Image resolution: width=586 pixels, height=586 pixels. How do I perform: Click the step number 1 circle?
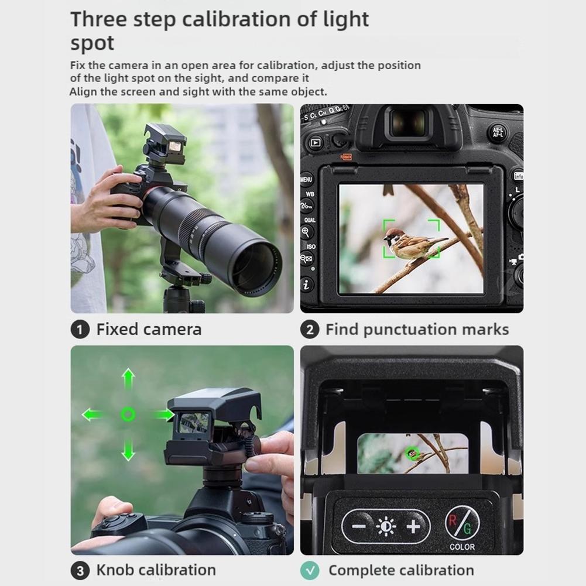[x=80, y=330]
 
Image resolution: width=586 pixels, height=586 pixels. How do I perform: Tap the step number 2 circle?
[x=310, y=330]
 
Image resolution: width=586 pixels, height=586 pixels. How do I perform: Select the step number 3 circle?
[x=80, y=571]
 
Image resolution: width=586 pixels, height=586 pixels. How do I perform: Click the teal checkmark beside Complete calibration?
[x=310, y=571]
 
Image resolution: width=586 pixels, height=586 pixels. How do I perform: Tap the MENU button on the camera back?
[x=306, y=180]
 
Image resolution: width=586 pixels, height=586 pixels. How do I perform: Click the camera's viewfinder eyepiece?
[x=409, y=124]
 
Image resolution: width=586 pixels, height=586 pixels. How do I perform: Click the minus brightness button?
[x=359, y=526]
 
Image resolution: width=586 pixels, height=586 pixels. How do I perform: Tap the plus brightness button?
[x=413, y=526]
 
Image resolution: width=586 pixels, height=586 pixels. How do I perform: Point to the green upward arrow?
[x=128, y=379]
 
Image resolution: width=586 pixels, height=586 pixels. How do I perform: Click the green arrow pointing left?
[x=92, y=414]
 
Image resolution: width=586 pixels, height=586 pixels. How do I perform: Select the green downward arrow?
[x=128, y=449]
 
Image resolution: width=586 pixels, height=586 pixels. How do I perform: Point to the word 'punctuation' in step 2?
[x=410, y=330]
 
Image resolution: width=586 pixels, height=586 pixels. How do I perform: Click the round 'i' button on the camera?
[x=306, y=285]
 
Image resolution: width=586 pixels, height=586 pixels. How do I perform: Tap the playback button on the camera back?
[x=316, y=143]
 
